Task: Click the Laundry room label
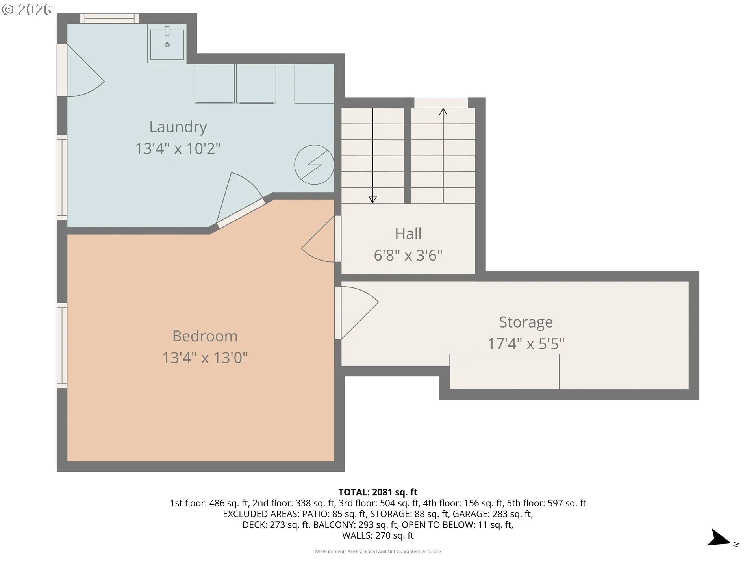coord(178,127)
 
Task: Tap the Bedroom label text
coord(205,336)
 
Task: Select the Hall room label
coord(408,233)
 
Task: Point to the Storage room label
coord(526,322)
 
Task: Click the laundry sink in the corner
coord(167,43)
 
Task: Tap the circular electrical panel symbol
coord(314,165)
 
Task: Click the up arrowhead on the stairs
coord(443,112)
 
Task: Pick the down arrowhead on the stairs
coord(372,200)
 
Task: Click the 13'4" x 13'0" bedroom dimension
coord(205,358)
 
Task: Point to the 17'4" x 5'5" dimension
coord(526,344)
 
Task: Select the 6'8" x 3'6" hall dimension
coord(408,255)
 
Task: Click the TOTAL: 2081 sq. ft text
coord(378,492)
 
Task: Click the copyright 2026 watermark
coord(26,10)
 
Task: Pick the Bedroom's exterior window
coord(62,345)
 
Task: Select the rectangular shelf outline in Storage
coord(504,371)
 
